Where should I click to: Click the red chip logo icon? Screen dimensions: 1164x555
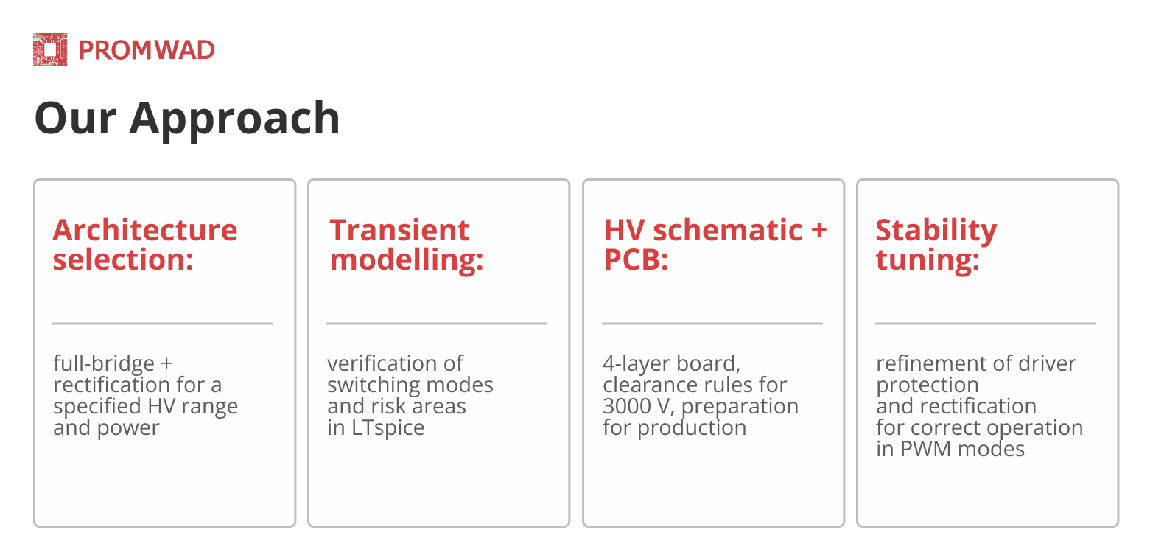click(50, 50)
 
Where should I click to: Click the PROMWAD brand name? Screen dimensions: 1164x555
click(147, 50)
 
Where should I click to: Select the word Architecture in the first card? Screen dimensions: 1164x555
click(145, 230)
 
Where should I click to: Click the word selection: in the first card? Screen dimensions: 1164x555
click(123, 259)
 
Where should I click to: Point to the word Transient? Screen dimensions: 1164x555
click(399, 230)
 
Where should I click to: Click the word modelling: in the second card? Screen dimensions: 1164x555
click(407, 260)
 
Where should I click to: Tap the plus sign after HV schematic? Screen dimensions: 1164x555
click(818, 230)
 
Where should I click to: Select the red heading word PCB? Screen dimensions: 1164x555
click(636, 259)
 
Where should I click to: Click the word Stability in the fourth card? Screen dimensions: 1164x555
click(936, 231)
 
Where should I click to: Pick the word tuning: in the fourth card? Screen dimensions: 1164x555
click(928, 260)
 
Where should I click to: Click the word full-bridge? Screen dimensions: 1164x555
click(104, 363)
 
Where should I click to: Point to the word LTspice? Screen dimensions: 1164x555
click(388, 428)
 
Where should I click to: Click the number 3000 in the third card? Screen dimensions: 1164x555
click(627, 406)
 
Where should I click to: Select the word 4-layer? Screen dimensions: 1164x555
click(632, 364)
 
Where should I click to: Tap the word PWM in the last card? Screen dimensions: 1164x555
click(926, 449)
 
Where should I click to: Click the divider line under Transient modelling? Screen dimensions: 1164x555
click(436, 324)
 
